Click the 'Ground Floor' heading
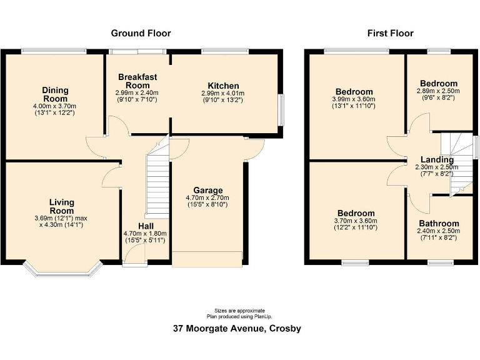click(141, 33)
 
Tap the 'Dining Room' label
click(54, 94)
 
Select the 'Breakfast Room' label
click(137, 81)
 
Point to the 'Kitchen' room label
click(223, 86)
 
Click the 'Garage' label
click(208, 191)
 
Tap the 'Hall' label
click(146, 226)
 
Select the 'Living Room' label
click(62, 206)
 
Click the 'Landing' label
click(437, 160)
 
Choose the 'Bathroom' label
click(439, 223)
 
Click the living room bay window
click(62, 269)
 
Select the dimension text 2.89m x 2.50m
click(438, 91)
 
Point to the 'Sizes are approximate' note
click(239, 310)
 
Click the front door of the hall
click(134, 254)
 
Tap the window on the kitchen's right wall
click(281, 109)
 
